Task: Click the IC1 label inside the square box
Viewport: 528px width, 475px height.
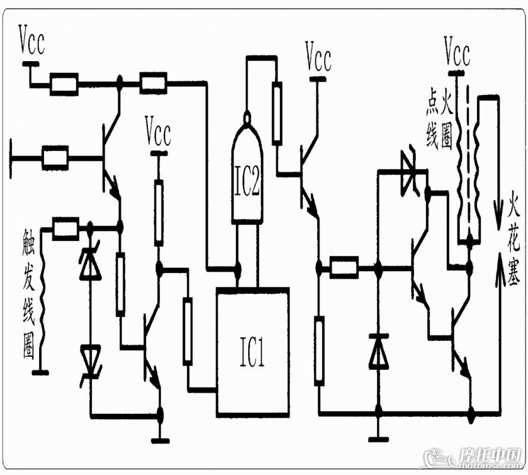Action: click(252, 351)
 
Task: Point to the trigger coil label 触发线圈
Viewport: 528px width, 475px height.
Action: click(29, 293)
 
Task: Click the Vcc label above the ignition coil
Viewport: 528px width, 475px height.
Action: click(457, 51)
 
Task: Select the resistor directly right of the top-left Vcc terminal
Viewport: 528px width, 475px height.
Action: click(64, 84)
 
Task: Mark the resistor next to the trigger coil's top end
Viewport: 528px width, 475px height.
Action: click(66, 229)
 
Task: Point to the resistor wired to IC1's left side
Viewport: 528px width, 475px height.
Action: click(188, 331)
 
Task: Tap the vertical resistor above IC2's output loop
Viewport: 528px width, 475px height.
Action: click(277, 113)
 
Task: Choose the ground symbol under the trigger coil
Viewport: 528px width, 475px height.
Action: click(40, 373)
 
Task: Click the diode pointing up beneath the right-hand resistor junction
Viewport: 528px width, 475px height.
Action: click(379, 351)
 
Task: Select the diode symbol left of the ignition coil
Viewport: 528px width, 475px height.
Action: click(410, 172)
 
